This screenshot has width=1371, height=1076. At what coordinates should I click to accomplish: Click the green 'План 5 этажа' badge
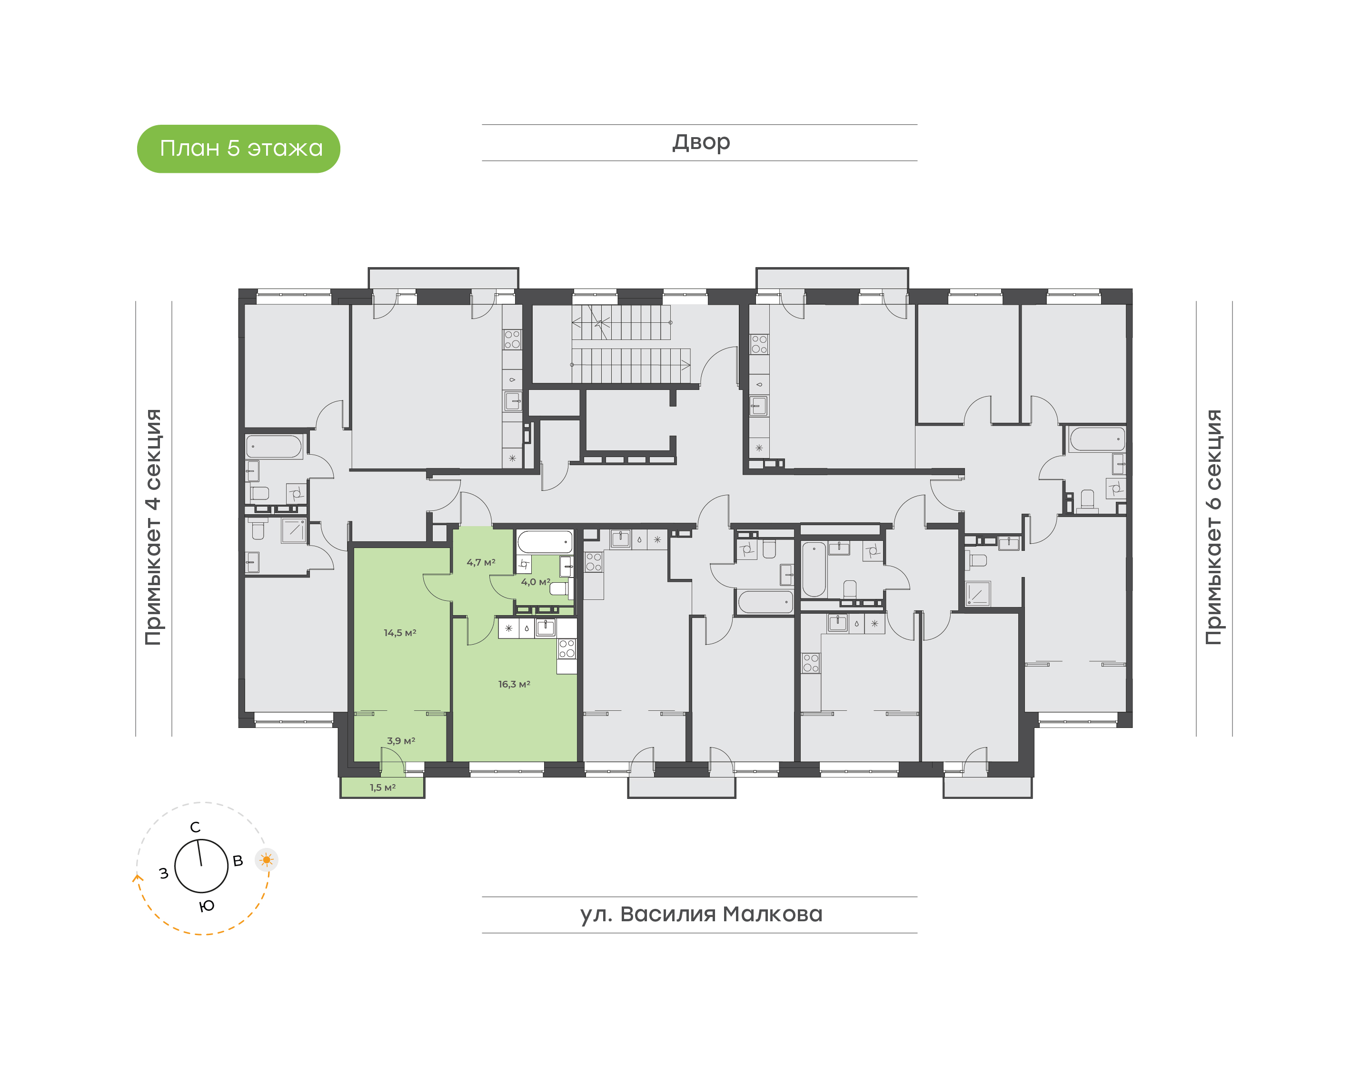238,149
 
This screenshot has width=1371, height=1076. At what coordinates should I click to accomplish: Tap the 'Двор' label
700,142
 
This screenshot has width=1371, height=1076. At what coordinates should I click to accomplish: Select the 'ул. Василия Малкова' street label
700,914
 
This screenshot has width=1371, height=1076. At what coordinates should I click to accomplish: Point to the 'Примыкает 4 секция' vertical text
153,527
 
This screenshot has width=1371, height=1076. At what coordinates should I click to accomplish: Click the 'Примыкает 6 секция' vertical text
1213,527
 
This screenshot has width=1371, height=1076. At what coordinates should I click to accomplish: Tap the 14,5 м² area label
400,632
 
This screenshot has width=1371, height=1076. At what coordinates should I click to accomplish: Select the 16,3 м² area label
514,684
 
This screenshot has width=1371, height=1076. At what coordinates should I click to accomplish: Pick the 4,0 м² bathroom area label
535,582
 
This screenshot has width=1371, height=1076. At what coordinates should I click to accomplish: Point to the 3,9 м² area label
400,741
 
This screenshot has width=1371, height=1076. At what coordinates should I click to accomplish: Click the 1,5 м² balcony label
382,787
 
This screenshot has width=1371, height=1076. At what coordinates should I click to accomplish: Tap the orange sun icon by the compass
267,860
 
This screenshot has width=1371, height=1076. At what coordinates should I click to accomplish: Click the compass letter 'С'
195,827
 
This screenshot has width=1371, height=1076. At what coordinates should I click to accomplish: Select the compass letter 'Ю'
207,907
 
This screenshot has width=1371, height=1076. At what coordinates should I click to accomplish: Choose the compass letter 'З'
164,873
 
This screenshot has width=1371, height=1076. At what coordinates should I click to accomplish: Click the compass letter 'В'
238,860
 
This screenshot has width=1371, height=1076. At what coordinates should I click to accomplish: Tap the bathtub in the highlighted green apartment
545,542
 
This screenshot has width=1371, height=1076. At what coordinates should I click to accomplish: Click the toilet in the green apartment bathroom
558,589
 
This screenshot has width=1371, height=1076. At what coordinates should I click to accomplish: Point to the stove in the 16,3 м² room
567,648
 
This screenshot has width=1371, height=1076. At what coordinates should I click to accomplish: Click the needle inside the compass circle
199,853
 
